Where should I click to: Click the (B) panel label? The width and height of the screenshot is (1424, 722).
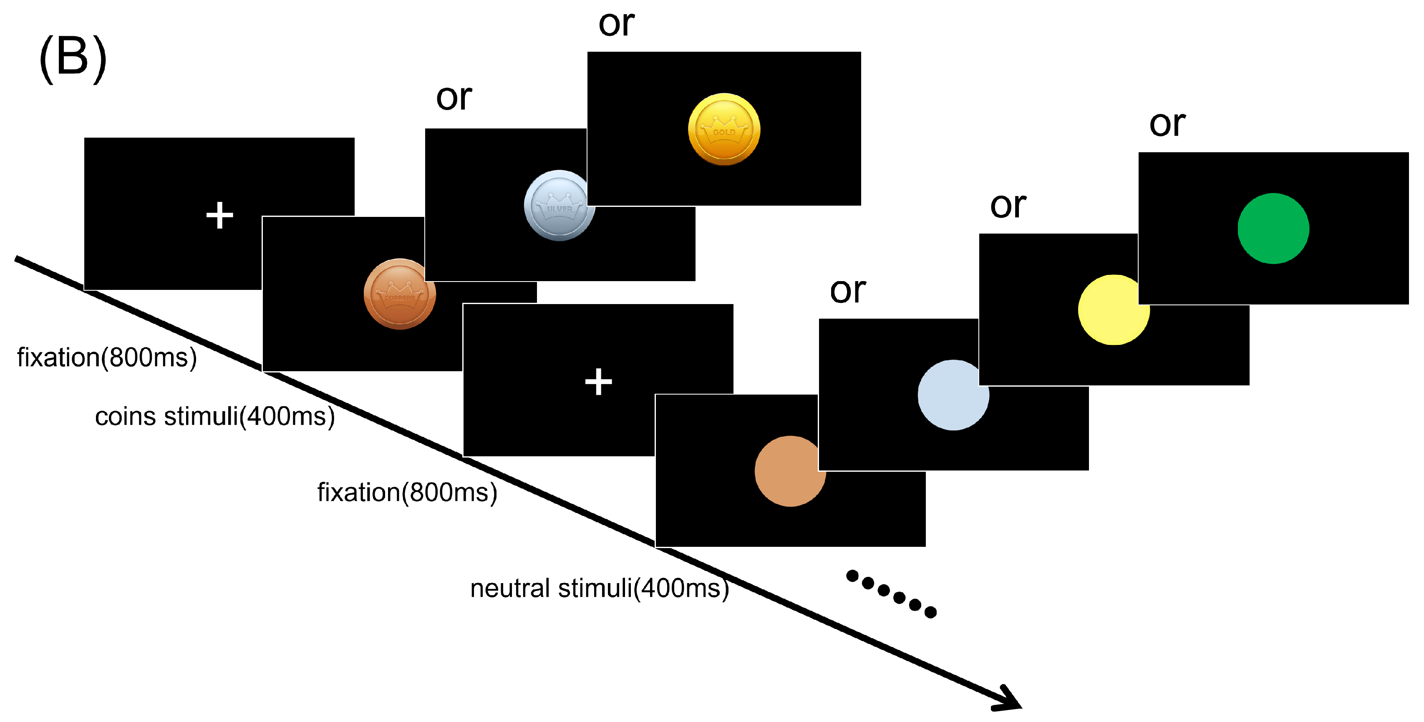pos(73,58)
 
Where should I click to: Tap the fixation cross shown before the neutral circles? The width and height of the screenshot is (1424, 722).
pos(598,382)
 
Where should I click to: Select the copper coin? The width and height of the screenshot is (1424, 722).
pos(400,294)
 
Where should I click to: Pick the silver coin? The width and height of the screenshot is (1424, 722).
pos(558,206)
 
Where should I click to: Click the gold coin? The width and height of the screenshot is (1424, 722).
pos(723,129)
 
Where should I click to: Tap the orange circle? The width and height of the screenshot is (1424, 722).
pos(789,471)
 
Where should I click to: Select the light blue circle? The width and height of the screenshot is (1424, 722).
pos(953,395)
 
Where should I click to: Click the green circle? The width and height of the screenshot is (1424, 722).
pos(1273,228)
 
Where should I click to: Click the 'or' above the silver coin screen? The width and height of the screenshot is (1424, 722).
pos(454,98)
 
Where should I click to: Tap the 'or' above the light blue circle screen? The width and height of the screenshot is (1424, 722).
pos(847,291)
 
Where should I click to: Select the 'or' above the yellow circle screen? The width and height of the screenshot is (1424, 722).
pos(1008,206)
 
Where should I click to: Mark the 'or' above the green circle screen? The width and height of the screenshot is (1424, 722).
pos(1167,124)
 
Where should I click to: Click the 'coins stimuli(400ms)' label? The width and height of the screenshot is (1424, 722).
pos(214,417)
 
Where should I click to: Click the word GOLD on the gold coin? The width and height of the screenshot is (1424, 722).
pos(723,133)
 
